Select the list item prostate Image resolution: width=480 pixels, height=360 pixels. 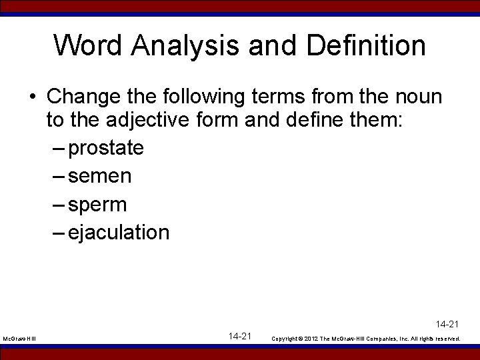(x=106, y=148)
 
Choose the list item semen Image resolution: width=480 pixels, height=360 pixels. (x=100, y=177)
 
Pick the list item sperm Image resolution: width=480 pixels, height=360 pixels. (x=97, y=205)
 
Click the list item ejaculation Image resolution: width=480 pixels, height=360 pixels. (x=119, y=232)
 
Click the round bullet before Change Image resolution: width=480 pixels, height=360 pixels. (x=32, y=98)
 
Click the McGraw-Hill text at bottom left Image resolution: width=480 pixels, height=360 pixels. (x=19, y=339)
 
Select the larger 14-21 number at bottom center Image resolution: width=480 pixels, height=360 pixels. (x=239, y=337)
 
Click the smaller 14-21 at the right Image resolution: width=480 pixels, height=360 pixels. (x=447, y=325)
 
